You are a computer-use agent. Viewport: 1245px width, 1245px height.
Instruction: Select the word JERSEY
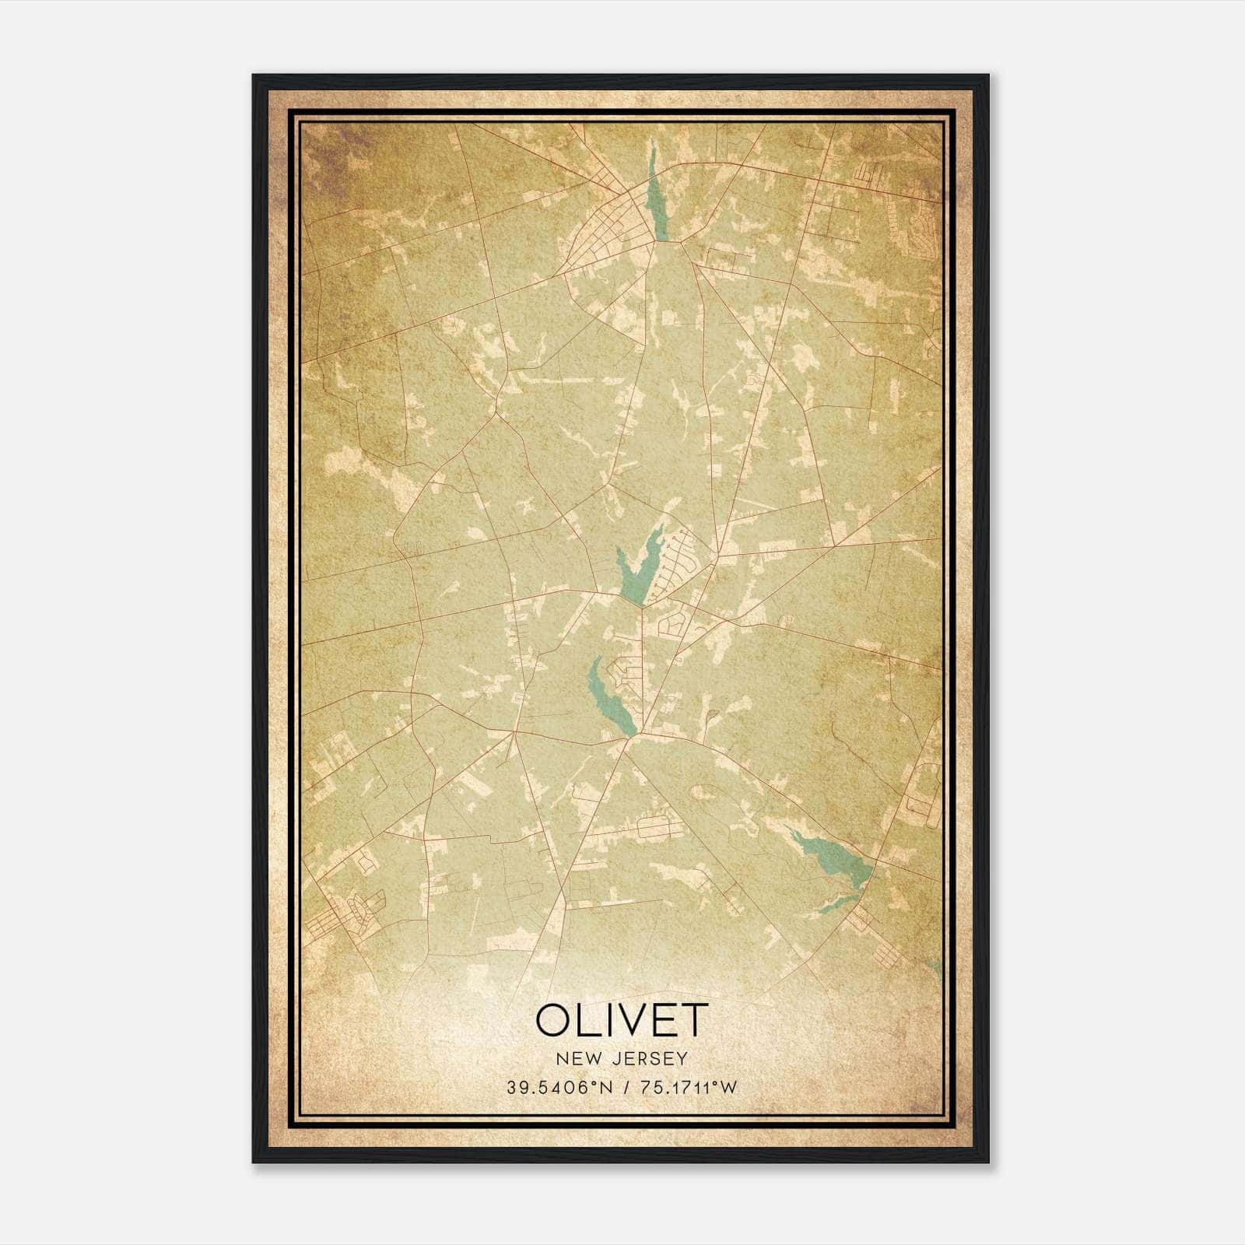649,1059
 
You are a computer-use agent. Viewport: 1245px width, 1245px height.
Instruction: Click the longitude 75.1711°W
688,1087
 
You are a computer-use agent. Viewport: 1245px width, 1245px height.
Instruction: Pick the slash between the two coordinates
622,1087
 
